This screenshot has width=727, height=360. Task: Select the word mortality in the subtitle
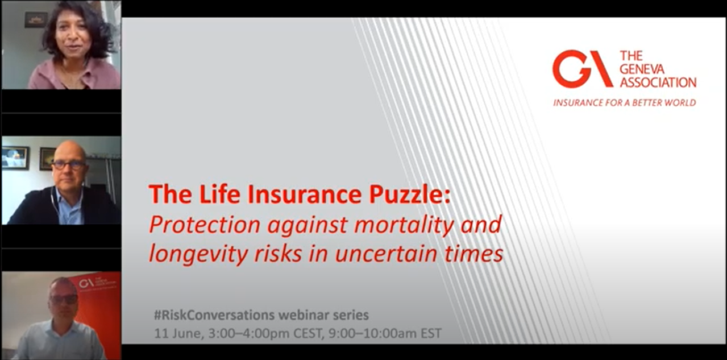click(x=404, y=225)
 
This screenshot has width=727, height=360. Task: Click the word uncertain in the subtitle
click(x=385, y=254)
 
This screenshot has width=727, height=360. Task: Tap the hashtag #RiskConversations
click(x=214, y=315)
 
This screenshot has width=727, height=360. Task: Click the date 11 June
click(x=179, y=333)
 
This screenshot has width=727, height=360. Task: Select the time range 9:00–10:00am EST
click(x=385, y=333)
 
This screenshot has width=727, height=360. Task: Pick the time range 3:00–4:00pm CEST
click(x=266, y=333)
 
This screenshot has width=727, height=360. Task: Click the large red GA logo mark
click(x=583, y=68)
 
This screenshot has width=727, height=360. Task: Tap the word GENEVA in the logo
click(x=642, y=69)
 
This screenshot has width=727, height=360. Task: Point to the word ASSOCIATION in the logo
click(x=658, y=82)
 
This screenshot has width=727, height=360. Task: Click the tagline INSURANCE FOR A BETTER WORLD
click(x=625, y=103)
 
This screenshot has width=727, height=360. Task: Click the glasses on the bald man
click(x=69, y=165)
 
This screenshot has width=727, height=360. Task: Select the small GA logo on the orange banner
click(x=86, y=283)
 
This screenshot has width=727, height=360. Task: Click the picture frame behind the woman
click(x=36, y=20)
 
